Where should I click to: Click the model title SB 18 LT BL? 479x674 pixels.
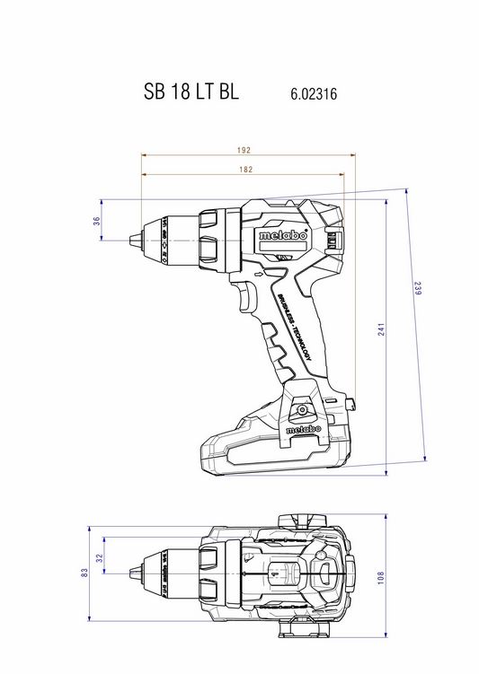pyautogui.click(x=191, y=92)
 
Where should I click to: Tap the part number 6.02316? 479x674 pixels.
pyautogui.click(x=314, y=93)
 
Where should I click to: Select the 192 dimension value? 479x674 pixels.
pyautogui.click(x=244, y=150)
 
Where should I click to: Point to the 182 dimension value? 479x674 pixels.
pyautogui.click(x=245, y=170)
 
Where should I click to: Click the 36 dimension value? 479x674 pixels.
pyautogui.click(x=96, y=221)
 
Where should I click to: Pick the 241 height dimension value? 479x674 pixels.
pyautogui.click(x=382, y=329)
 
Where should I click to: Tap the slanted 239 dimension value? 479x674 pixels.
pyautogui.click(x=418, y=287)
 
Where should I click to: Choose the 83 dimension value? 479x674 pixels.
pyautogui.click(x=84, y=573)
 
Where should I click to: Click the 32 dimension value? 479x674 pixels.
pyautogui.click(x=100, y=558)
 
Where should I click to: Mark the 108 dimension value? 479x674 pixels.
pyautogui.click(x=380, y=578)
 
